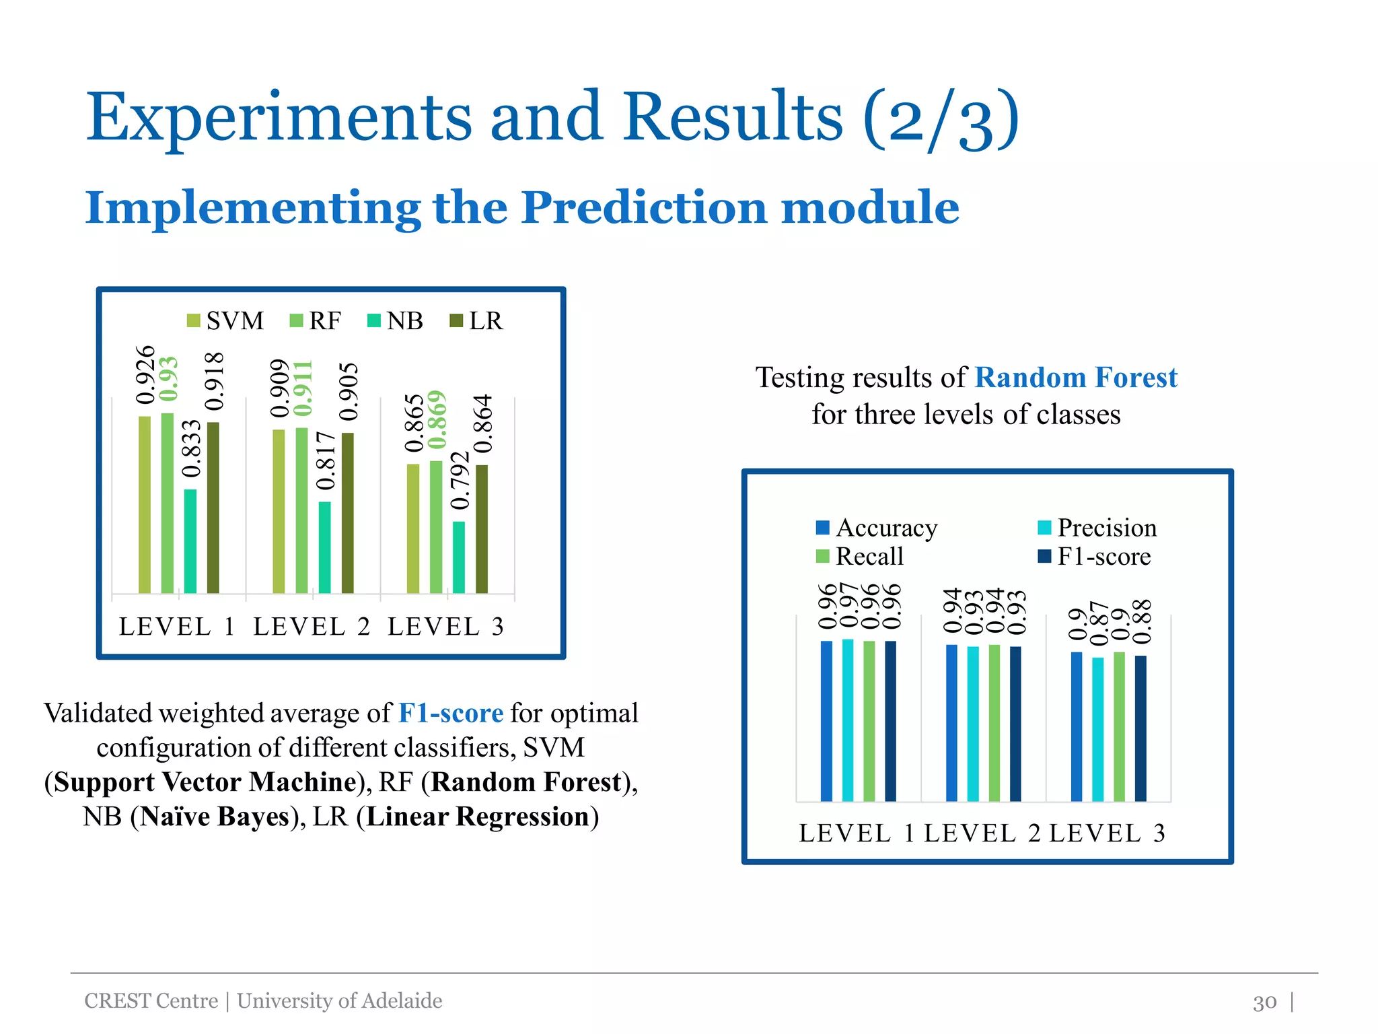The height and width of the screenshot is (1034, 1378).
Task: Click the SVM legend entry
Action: pos(226,321)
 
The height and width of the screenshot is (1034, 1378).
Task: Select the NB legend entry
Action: pos(396,321)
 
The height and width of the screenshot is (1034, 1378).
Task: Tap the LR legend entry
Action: pos(476,321)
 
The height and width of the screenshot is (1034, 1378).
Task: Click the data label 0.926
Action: pos(145,375)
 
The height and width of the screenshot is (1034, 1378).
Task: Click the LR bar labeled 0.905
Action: pos(347,512)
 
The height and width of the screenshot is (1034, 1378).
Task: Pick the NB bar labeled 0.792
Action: pos(459,557)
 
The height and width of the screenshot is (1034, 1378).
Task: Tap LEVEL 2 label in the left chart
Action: pos(312,627)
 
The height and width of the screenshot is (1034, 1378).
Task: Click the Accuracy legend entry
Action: pos(877,528)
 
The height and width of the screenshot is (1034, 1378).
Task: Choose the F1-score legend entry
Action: pos(1095,557)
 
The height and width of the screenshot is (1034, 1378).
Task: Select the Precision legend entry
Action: pos(1097,528)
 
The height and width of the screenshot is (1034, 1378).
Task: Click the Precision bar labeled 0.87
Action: pos(1097,729)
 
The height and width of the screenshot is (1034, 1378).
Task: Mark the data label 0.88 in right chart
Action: pos(1143,621)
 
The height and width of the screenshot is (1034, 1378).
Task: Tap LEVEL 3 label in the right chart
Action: pos(1107,833)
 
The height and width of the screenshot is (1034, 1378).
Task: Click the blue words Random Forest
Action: pos(1076,378)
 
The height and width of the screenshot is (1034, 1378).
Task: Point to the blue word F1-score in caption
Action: pos(450,713)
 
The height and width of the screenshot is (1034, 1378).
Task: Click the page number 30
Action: pos(1264,1002)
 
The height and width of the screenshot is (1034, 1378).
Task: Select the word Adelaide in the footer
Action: pos(402,1001)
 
